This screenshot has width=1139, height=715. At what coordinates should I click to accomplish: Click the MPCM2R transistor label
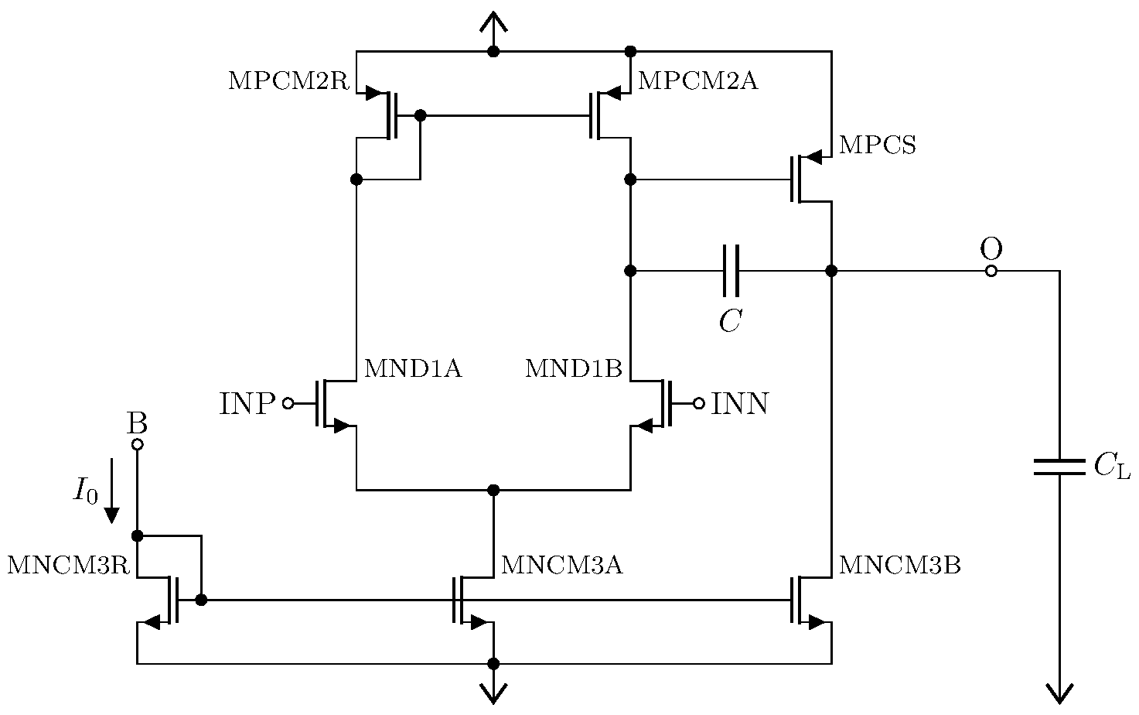tap(289, 81)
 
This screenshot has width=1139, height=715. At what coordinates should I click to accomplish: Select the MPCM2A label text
tap(697, 81)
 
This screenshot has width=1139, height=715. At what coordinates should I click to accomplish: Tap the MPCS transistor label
tap(877, 145)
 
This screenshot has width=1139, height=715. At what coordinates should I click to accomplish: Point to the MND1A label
tap(412, 369)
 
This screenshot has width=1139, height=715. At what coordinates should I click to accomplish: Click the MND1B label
tap(573, 369)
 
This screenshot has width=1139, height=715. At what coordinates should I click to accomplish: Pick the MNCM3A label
tap(561, 566)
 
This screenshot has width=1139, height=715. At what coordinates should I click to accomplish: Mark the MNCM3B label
tap(899, 566)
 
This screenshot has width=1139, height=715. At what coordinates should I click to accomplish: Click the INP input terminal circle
tap(288, 403)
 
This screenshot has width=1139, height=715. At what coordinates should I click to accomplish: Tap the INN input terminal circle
tap(699, 403)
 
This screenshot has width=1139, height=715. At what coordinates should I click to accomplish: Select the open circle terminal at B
tap(137, 444)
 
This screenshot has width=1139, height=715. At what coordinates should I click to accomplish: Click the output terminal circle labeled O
tap(991, 271)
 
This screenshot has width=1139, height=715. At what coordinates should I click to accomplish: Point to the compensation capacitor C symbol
tap(731, 271)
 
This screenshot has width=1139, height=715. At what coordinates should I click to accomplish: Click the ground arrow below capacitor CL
tap(1059, 693)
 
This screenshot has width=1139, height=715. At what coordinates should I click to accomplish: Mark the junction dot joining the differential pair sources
tap(493, 490)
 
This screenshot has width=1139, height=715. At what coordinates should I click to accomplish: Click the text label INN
tap(739, 404)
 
